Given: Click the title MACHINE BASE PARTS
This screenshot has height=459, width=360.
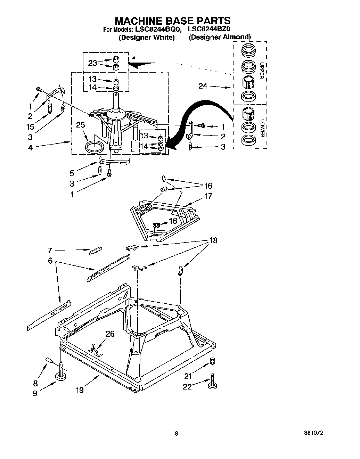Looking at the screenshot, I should [173, 21].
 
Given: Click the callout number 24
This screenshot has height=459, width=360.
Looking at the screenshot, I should [203, 86].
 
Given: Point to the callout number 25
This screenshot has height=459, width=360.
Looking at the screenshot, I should [80, 125].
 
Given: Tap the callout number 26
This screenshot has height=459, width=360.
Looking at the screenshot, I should [110, 334].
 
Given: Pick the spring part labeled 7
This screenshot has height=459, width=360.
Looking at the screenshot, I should [96, 251].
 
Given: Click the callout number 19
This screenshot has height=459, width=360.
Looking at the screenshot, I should [80, 390].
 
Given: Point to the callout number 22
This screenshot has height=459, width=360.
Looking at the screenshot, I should [187, 386].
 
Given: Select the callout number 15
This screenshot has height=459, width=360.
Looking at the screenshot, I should [30, 126].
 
